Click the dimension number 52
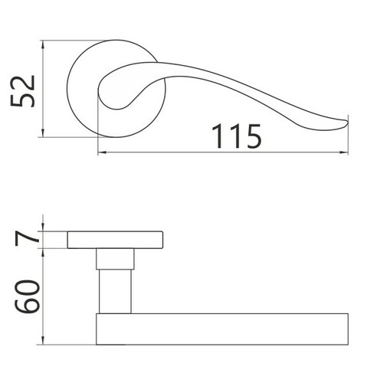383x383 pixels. tap(23, 91)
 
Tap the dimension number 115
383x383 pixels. tap(237, 136)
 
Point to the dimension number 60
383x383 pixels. tap(28, 296)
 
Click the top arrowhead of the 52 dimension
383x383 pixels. tap(43, 44)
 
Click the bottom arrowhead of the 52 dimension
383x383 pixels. tap(43, 133)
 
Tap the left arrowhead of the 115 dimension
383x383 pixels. tap(103, 152)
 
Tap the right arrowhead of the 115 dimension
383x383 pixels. tap(344, 152)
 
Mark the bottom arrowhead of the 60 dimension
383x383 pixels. tap(43, 340)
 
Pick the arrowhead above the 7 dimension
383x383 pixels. tap(43, 227)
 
